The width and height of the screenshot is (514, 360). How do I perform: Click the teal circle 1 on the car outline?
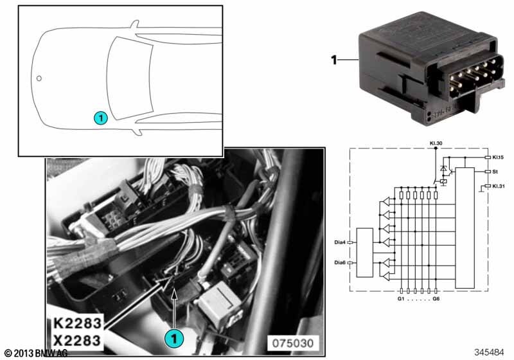[101, 118]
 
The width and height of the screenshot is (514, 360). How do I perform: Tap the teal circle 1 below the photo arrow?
[174, 337]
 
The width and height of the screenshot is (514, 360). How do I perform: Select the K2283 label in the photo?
[77, 323]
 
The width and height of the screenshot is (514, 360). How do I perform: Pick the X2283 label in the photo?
[77, 340]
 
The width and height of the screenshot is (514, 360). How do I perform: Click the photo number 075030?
[293, 343]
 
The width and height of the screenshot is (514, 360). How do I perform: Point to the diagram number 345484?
[489, 352]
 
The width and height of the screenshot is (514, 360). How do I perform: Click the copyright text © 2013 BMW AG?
[36, 353]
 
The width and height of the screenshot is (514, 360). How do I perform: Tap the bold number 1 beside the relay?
[334, 60]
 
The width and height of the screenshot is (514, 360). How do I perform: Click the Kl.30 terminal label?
[436, 143]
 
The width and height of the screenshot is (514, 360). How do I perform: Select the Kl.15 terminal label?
[498, 157]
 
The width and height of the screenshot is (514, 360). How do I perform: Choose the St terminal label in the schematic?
[495, 172]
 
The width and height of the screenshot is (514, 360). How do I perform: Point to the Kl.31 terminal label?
[499, 186]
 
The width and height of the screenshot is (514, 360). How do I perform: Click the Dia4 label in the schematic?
[340, 242]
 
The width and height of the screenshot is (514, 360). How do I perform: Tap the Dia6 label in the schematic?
[340, 263]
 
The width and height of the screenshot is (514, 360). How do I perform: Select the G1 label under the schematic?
[400, 299]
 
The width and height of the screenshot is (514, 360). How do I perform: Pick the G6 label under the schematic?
[436, 299]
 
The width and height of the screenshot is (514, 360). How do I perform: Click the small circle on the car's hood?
[39, 78]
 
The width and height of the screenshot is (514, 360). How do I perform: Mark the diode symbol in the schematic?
[443, 169]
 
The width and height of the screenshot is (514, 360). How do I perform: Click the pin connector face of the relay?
[468, 78]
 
